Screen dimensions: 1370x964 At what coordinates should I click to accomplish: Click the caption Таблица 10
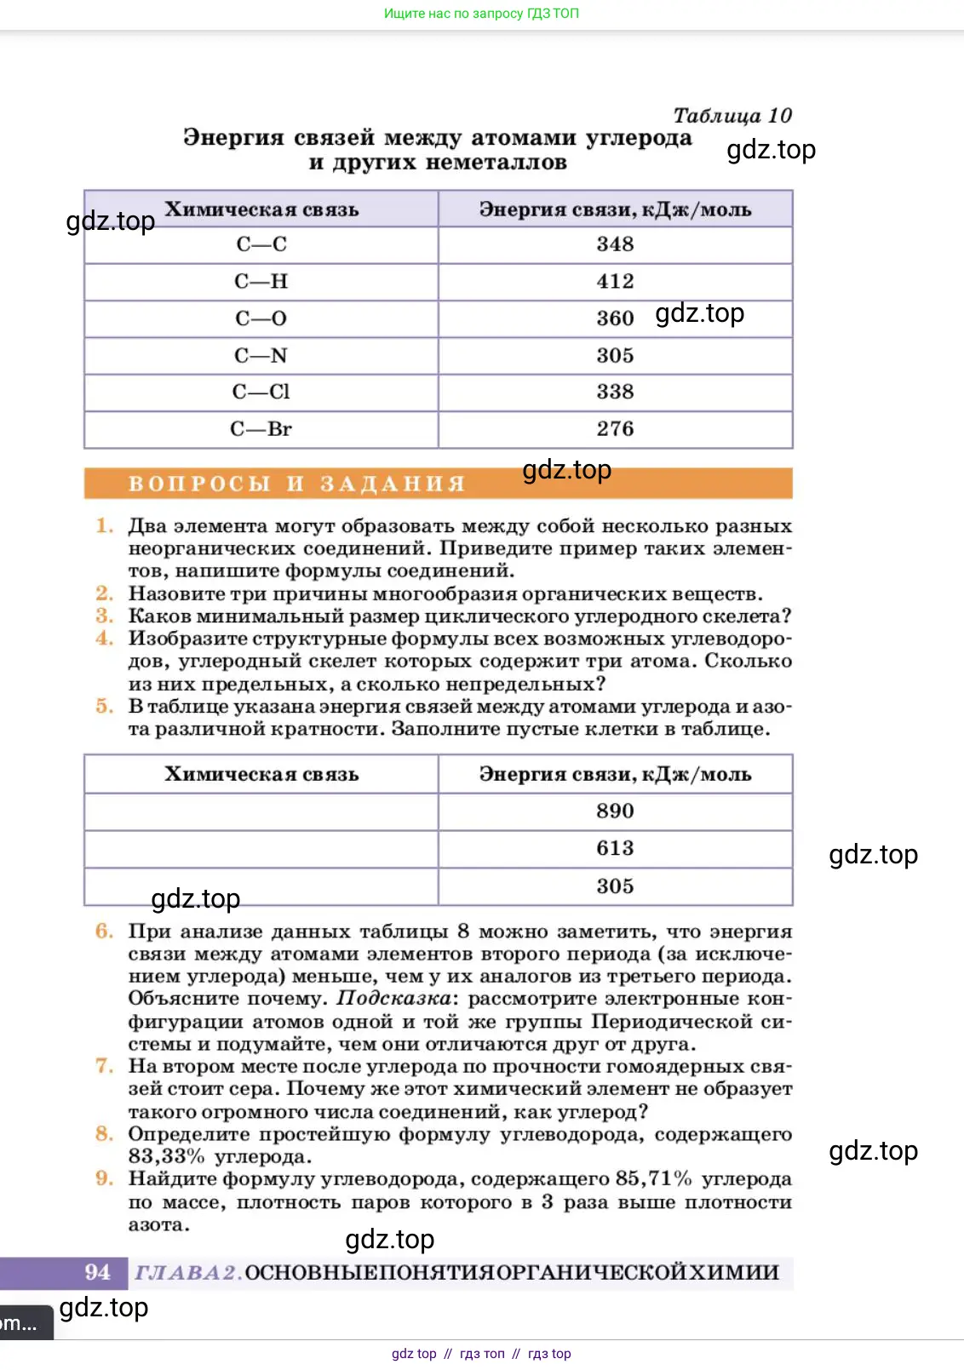pos(732,115)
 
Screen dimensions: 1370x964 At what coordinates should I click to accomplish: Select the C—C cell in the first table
pos(261,244)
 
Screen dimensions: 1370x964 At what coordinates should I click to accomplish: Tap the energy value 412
pos(615,281)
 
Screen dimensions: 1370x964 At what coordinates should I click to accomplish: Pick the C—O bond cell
pos(261,318)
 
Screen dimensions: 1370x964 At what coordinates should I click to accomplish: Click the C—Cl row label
pos(261,392)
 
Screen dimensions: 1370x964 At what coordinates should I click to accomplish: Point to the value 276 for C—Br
pos(615,428)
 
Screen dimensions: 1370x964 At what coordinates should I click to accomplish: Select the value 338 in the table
pos(615,392)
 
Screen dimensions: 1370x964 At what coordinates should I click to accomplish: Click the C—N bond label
pos(261,355)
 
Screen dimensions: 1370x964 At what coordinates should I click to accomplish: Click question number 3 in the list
pos(104,616)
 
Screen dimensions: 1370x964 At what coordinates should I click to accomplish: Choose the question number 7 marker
pos(104,1066)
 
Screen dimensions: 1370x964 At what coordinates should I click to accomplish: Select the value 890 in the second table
pos(615,811)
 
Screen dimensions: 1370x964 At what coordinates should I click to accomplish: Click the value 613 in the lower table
pos(615,848)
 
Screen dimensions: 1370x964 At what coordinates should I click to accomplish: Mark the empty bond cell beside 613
pos(261,849)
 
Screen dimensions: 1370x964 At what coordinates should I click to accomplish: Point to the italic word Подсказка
pos(393,998)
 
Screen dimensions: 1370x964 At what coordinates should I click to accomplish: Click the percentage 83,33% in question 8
pos(166,1156)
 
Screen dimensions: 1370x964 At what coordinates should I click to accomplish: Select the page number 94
pos(97,1272)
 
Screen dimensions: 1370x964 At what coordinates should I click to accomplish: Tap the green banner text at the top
pos(481,14)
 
